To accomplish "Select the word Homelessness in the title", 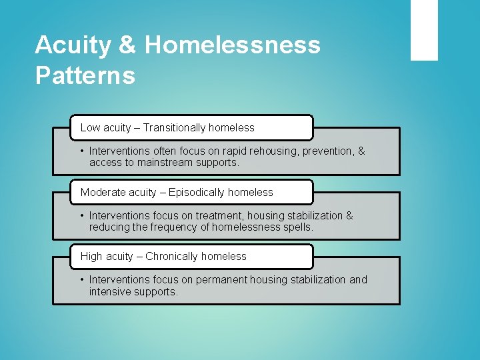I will (232, 45).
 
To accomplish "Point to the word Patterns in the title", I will (85, 75).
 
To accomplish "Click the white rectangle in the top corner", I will (424, 30).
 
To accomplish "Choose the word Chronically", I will (176, 256).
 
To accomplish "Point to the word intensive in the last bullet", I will (111, 291).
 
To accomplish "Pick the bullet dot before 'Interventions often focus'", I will (82, 151).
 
